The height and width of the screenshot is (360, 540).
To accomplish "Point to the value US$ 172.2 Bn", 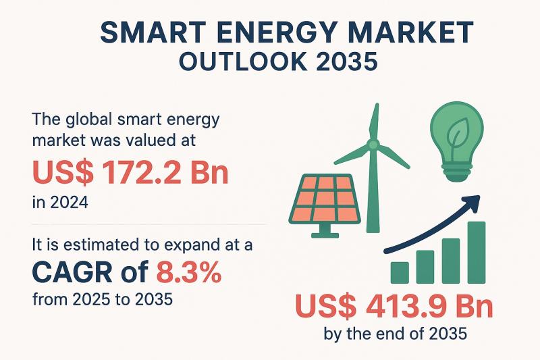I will pos(130,173).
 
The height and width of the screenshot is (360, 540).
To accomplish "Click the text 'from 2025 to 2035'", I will pos(101,298).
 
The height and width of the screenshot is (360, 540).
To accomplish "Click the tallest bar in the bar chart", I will pos(477,251).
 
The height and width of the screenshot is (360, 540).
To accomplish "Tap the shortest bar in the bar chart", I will pos(400,272).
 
